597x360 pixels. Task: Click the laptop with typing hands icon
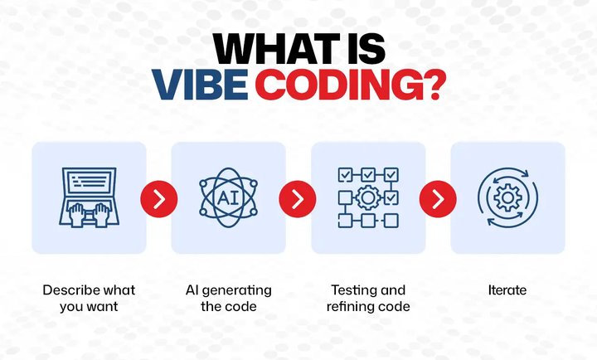[x=89, y=197]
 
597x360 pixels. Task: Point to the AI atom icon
[x=228, y=197]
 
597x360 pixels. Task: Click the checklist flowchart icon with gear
[x=368, y=197]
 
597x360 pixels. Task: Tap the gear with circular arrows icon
[x=507, y=197]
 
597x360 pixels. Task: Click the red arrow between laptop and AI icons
[x=158, y=198]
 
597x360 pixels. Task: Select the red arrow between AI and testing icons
[x=298, y=198]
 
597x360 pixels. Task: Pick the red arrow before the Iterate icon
[x=438, y=198]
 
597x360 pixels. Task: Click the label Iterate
[x=507, y=290]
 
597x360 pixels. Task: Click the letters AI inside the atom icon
[x=228, y=198]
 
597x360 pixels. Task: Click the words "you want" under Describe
[x=89, y=307]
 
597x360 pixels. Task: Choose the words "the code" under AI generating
[x=228, y=307]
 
